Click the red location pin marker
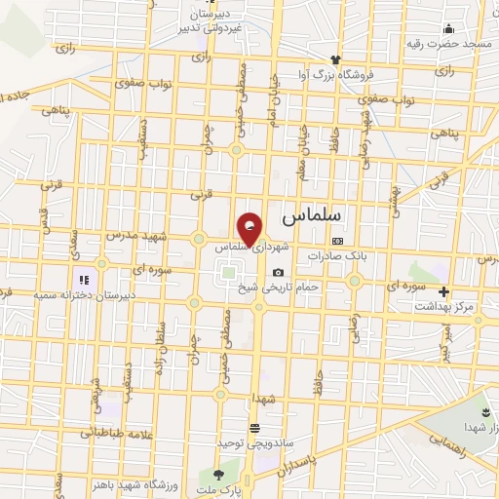coord(251,229)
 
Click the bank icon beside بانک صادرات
coord(337,240)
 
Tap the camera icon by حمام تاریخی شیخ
coord(279,272)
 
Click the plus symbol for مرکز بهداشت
coord(444,291)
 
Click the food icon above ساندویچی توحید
coord(254,428)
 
